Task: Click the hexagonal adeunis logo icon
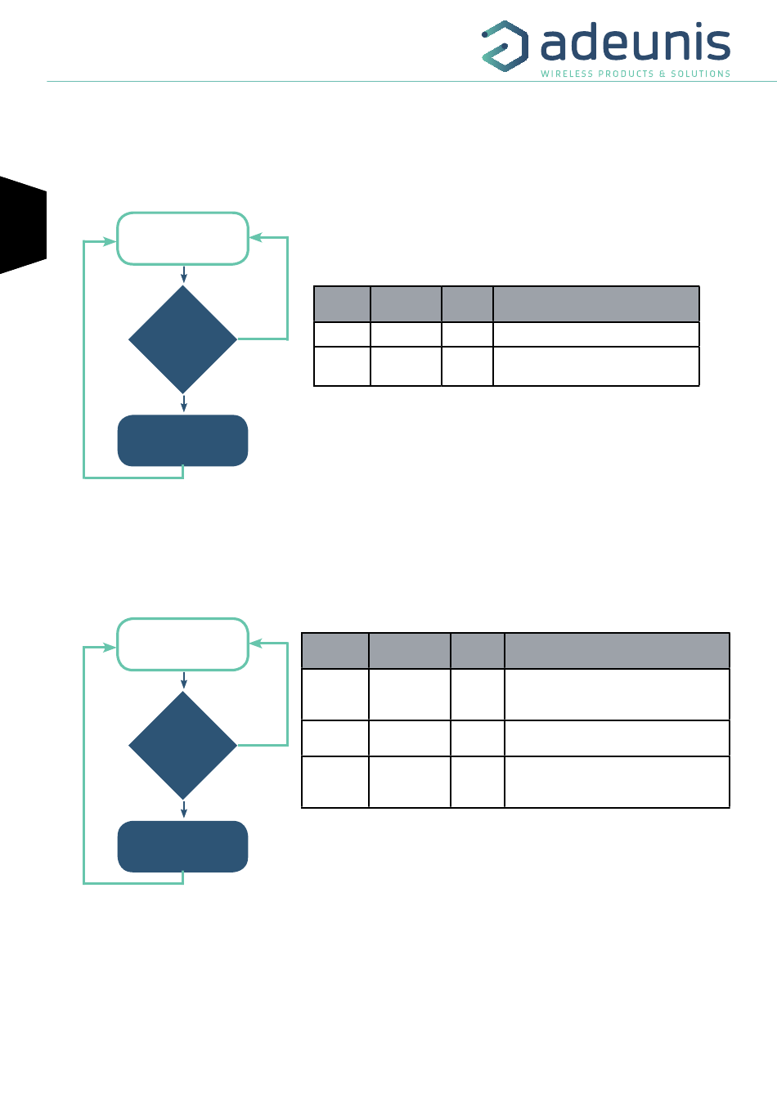(504, 46)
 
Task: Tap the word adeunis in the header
(635, 43)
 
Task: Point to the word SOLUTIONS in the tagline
(700, 74)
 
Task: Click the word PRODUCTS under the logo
(627, 74)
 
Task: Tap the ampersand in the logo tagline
(662, 74)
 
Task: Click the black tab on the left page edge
(23, 224)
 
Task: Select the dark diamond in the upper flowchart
(182, 339)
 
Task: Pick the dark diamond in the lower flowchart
(182, 745)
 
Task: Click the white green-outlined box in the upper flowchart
(182, 239)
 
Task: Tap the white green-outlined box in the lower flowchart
(182, 644)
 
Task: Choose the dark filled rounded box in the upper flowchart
(182, 441)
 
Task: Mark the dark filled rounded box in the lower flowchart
(182, 846)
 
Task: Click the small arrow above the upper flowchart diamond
(184, 275)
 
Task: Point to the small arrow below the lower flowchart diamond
(184, 810)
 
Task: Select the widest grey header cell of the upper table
(595, 304)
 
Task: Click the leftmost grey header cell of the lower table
(335, 651)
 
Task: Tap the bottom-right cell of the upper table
(595, 366)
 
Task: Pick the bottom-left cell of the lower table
(335, 782)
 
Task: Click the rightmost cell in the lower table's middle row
(617, 738)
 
